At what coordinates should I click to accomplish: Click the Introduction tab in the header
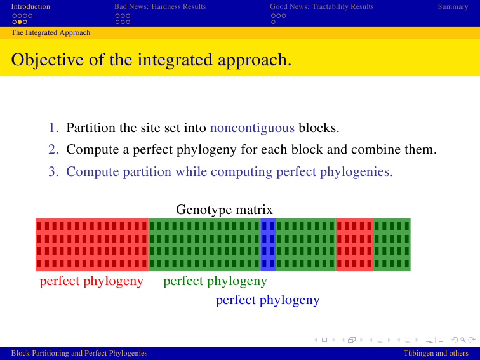pos(30,6)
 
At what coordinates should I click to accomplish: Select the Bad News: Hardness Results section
pos(160,6)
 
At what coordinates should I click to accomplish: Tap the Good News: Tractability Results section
pos(322,6)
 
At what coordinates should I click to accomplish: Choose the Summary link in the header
pos(453,6)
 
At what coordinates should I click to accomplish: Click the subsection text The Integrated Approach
pos(51,33)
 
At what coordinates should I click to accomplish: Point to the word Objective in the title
pos(48,60)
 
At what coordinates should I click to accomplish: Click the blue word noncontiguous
pos(252,128)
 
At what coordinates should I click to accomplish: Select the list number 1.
pos(53,128)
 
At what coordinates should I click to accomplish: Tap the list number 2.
pos(53,149)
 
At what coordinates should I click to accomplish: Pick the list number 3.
pos(53,171)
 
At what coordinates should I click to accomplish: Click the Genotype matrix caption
pos(224,210)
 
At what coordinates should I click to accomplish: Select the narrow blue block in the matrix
pos(268,244)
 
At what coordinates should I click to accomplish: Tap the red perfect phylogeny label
pos(91,281)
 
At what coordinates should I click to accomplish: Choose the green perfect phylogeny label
pos(215,281)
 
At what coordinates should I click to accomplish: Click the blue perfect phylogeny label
pos(268,300)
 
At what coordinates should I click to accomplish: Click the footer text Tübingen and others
pos(436,353)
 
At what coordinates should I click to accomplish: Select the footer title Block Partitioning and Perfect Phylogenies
pos(79,353)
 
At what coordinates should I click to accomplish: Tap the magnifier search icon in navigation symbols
pos(463,340)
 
